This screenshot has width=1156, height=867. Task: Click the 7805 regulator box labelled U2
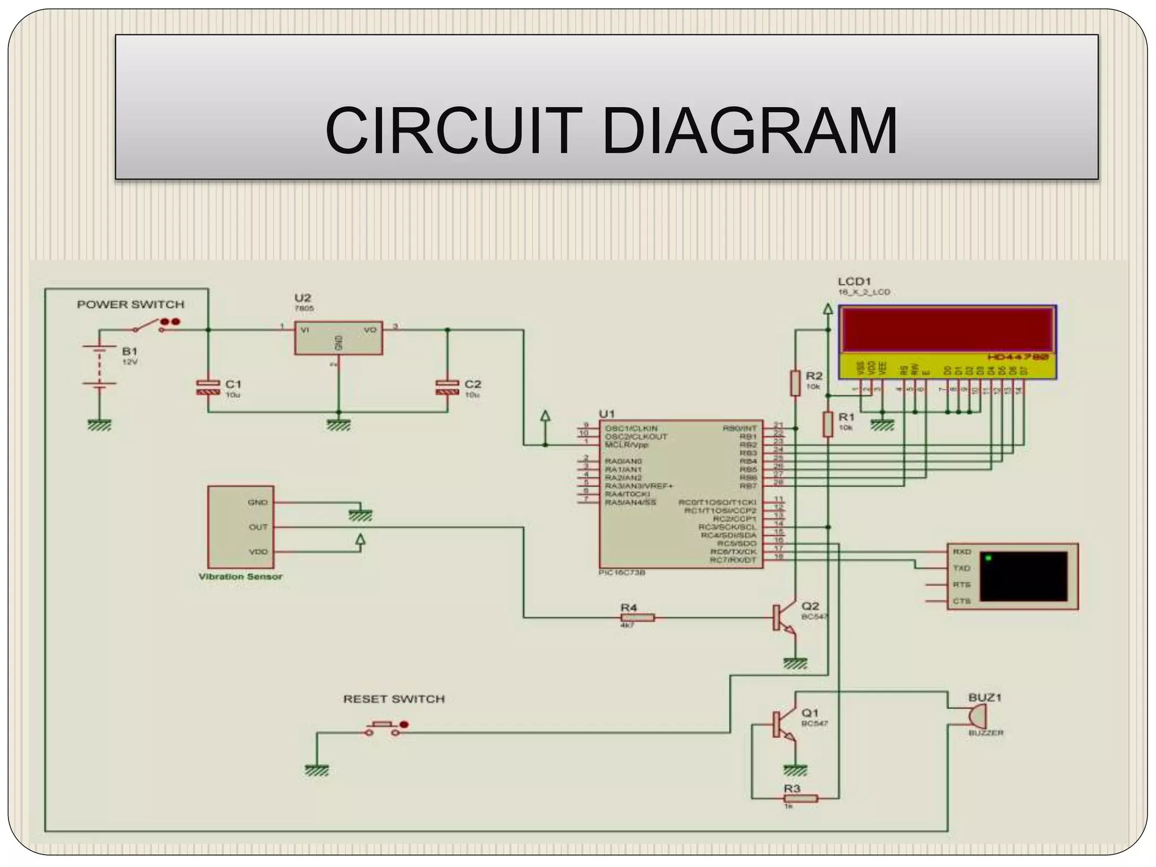point(338,338)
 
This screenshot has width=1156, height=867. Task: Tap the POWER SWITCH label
point(130,305)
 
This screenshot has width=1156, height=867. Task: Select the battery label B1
point(129,351)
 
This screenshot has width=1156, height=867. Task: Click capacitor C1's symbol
point(208,387)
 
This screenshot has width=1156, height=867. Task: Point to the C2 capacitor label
point(472,384)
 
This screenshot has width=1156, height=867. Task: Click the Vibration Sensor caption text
point(240,576)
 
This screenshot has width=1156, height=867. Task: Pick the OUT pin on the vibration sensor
point(258,527)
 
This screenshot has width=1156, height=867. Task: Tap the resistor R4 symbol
point(637,618)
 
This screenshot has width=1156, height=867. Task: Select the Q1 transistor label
point(810,713)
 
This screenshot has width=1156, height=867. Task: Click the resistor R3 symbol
point(801,798)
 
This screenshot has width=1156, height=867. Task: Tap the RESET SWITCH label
point(394,699)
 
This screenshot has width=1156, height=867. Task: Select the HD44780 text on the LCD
point(1018,357)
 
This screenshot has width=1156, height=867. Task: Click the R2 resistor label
point(814,376)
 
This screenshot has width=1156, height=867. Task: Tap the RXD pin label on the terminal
point(962,551)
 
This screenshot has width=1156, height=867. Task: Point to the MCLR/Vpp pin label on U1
point(627,445)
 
